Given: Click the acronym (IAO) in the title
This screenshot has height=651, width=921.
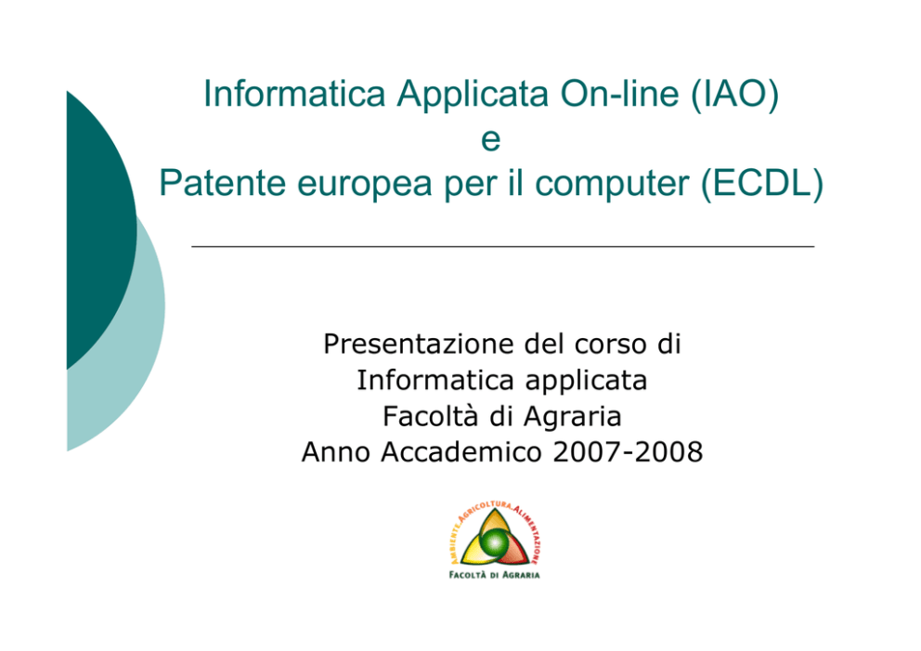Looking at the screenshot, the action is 734,94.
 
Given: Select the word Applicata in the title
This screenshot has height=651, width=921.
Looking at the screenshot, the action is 473,94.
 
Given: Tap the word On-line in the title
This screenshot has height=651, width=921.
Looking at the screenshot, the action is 619,94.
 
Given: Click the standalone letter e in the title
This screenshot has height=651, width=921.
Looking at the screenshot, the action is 490,140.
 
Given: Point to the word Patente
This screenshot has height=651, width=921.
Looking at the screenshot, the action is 223,183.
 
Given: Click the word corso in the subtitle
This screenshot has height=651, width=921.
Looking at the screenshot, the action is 610,345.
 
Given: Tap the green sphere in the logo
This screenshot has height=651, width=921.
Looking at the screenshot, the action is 494,542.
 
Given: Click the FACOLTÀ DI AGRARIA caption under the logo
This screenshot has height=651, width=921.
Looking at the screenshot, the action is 494,575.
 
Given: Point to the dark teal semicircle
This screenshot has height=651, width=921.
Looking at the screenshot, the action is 100,230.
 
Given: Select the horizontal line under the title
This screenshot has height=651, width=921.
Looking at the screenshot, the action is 503,247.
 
